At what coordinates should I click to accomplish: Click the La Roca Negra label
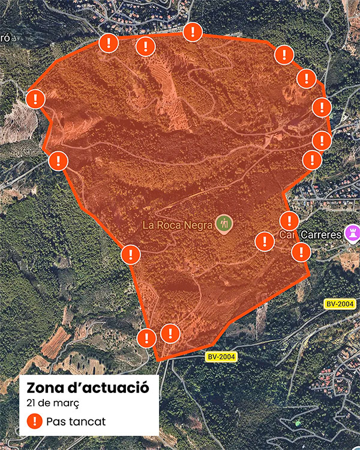(178, 225)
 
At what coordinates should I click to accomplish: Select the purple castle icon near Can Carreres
(353, 233)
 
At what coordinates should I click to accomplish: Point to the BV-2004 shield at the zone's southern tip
(221, 357)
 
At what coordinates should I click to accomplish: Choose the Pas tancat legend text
(76, 421)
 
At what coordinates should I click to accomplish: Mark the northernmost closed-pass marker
(193, 31)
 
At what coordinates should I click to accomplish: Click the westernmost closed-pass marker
(36, 99)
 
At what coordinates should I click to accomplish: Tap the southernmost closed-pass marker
(146, 338)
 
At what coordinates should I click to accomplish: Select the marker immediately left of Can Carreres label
(265, 241)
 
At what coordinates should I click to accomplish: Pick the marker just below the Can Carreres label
(301, 251)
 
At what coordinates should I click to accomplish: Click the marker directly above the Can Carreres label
(289, 220)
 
